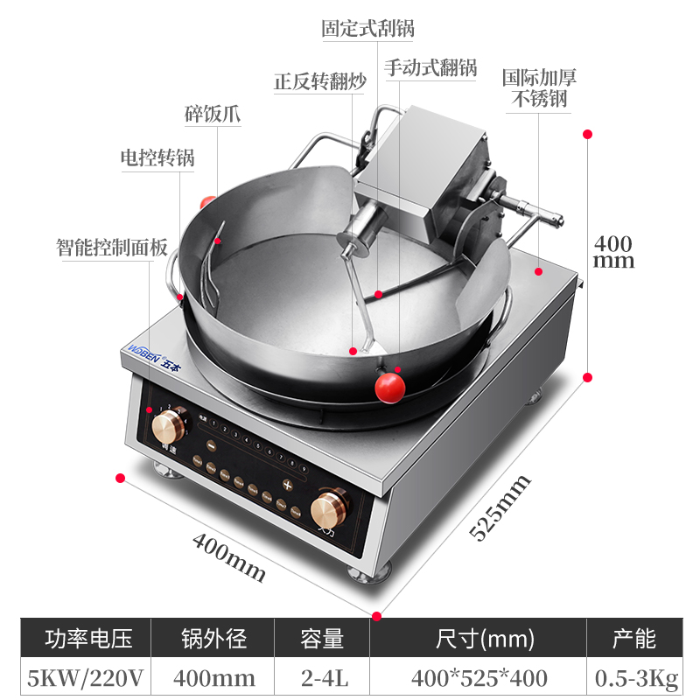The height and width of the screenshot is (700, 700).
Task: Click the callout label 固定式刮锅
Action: (367, 28)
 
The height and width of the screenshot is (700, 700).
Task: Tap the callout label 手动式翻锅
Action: (430, 67)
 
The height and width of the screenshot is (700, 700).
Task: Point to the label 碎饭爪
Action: (213, 115)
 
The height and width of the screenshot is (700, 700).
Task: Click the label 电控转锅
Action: (157, 158)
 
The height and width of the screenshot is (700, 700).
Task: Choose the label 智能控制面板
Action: (111, 247)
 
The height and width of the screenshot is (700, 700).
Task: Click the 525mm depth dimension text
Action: (500, 507)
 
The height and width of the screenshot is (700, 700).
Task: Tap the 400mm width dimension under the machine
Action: (229, 557)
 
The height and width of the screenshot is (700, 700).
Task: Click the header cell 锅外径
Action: (213, 638)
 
